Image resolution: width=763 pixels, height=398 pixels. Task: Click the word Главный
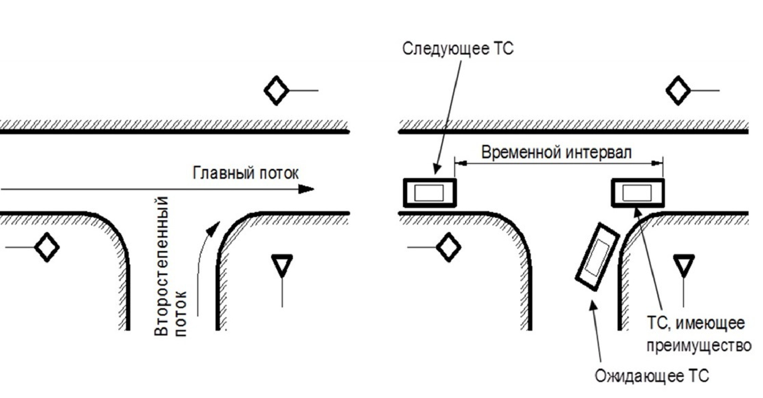pos(223,173)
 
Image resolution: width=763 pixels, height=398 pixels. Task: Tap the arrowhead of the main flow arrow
pos(307,189)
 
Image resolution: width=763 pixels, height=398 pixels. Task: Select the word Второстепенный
pos(162,266)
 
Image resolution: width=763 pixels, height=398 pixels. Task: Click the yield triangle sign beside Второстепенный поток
pos(282,264)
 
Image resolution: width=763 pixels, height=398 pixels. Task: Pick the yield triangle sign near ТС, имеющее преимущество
pos(684,264)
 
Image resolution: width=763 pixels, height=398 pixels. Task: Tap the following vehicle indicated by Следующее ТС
pos(430,193)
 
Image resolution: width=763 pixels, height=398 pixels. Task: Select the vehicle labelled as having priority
pos(637,193)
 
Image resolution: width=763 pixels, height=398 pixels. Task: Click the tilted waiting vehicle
pos(597,257)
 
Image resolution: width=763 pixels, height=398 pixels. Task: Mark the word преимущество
pos(699,346)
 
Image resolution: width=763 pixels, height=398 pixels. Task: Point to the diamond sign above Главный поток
pos(277,91)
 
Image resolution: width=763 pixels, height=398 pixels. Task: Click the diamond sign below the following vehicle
pos(448,247)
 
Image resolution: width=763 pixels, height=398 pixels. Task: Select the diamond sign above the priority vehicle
pos(678,91)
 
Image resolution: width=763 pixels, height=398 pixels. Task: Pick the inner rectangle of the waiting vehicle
pos(598,257)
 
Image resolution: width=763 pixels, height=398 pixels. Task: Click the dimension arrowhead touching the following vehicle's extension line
pos(460,163)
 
